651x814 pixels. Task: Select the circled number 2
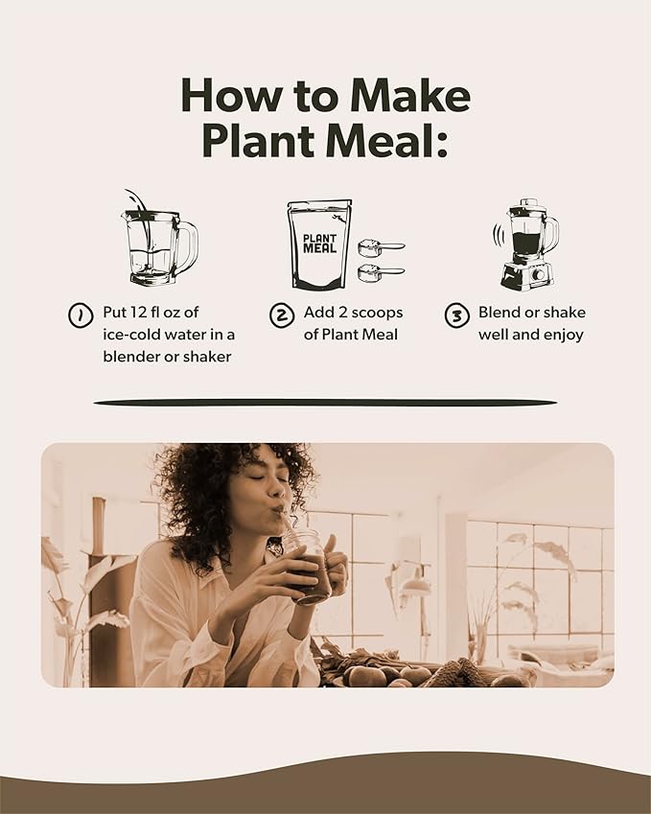[280, 314]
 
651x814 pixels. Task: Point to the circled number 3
[457, 314]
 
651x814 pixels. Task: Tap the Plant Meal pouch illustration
[319, 245]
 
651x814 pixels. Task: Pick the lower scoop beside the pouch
[379, 273]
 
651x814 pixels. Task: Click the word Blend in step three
[500, 313]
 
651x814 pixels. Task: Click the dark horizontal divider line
[325, 402]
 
